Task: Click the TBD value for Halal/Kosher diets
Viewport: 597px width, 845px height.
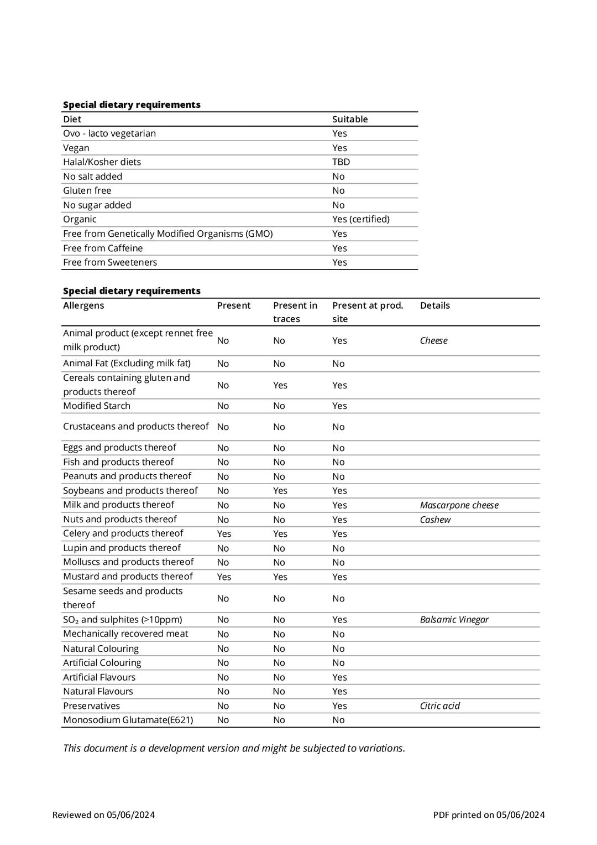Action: (341, 162)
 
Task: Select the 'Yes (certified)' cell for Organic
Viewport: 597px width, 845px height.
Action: (360, 219)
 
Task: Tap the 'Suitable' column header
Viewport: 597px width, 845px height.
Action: (349, 119)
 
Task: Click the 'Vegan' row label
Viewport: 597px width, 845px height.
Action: (76, 148)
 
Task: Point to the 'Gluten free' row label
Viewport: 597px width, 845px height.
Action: (87, 190)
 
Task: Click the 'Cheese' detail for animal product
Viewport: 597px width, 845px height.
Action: (433, 340)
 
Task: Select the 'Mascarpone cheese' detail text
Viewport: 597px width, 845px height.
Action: (459, 505)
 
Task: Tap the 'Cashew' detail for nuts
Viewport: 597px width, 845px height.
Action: (435, 520)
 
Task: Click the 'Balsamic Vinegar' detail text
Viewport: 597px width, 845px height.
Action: (454, 620)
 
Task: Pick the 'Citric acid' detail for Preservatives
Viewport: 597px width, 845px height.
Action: (439, 706)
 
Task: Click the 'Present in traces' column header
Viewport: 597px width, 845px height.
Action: (295, 312)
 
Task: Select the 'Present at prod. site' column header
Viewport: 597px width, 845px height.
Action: (368, 312)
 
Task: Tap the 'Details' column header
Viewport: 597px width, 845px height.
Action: (434, 305)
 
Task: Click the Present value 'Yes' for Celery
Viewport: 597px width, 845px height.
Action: (224, 534)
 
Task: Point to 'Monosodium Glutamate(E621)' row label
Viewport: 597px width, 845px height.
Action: (128, 720)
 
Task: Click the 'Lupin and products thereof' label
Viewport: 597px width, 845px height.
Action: (122, 548)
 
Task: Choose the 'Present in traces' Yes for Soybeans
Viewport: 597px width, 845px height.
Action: (280, 491)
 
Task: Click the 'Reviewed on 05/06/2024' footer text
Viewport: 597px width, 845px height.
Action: (103, 815)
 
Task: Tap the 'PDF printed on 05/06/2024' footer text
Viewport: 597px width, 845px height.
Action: (489, 815)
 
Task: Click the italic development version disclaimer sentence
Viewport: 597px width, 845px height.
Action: (234, 748)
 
